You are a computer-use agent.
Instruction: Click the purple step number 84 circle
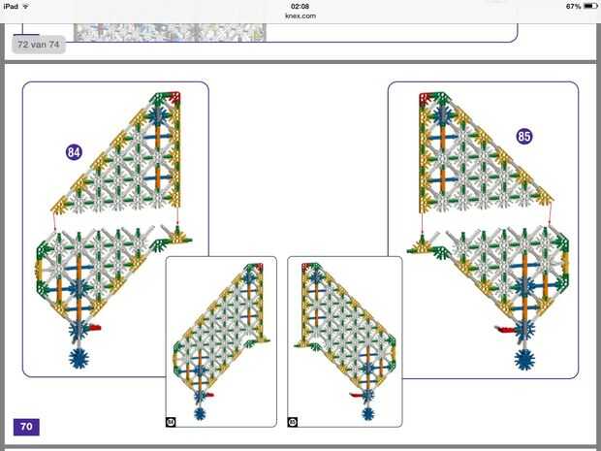pos(74,151)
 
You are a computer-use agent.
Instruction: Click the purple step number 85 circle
pos(524,137)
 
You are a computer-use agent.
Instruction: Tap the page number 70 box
pos(26,426)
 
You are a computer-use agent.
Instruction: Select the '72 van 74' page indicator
pos(39,45)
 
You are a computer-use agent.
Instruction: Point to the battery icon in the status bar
pos(589,6)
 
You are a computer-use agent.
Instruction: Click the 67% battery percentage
pos(573,6)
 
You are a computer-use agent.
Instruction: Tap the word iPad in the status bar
pos(11,6)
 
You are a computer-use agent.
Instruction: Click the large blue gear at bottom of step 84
pos(79,358)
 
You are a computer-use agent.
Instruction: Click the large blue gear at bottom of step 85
pos(524,360)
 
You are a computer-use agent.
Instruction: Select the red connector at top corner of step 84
pos(176,96)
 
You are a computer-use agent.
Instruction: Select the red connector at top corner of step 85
pos(424,97)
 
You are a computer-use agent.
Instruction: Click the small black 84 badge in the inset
pos(171,421)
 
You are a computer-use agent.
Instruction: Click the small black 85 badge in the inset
pos(293,421)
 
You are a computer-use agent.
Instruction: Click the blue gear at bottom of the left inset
pos(200,413)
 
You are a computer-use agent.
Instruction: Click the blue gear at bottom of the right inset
pos(364,414)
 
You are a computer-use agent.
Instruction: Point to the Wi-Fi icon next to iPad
pos(25,6)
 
